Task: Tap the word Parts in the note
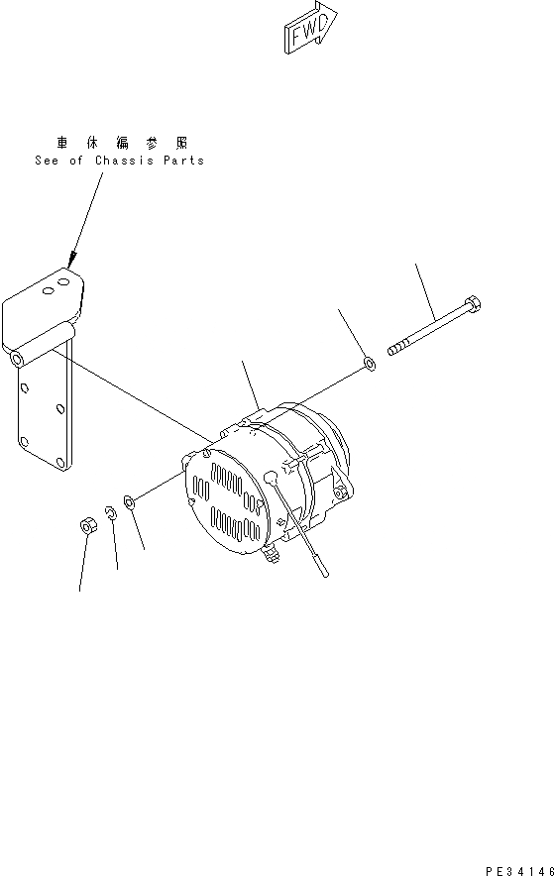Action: (183, 161)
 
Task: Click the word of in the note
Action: (77, 161)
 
